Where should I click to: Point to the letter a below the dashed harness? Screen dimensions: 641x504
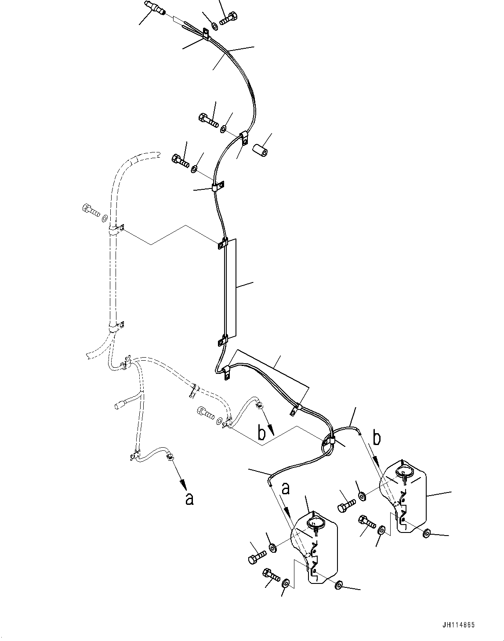pyautogui.click(x=189, y=499)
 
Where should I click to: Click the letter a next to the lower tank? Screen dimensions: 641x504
pyautogui.click(x=286, y=489)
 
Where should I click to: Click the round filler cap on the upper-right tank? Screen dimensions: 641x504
pyautogui.click(x=404, y=472)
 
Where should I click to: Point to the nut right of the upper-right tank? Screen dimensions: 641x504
pyautogui.click(x=427, y=533)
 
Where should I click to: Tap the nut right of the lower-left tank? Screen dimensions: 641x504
pyautogui.click(x=339, y=585)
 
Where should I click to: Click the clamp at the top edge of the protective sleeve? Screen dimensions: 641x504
pyautogui.click(x=223, y=243)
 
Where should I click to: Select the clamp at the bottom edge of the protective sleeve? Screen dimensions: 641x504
pyautogui.click(x=223, y=340)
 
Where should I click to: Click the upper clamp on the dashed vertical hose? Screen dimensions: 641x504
pyautogui.click(x=115, y=230)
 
